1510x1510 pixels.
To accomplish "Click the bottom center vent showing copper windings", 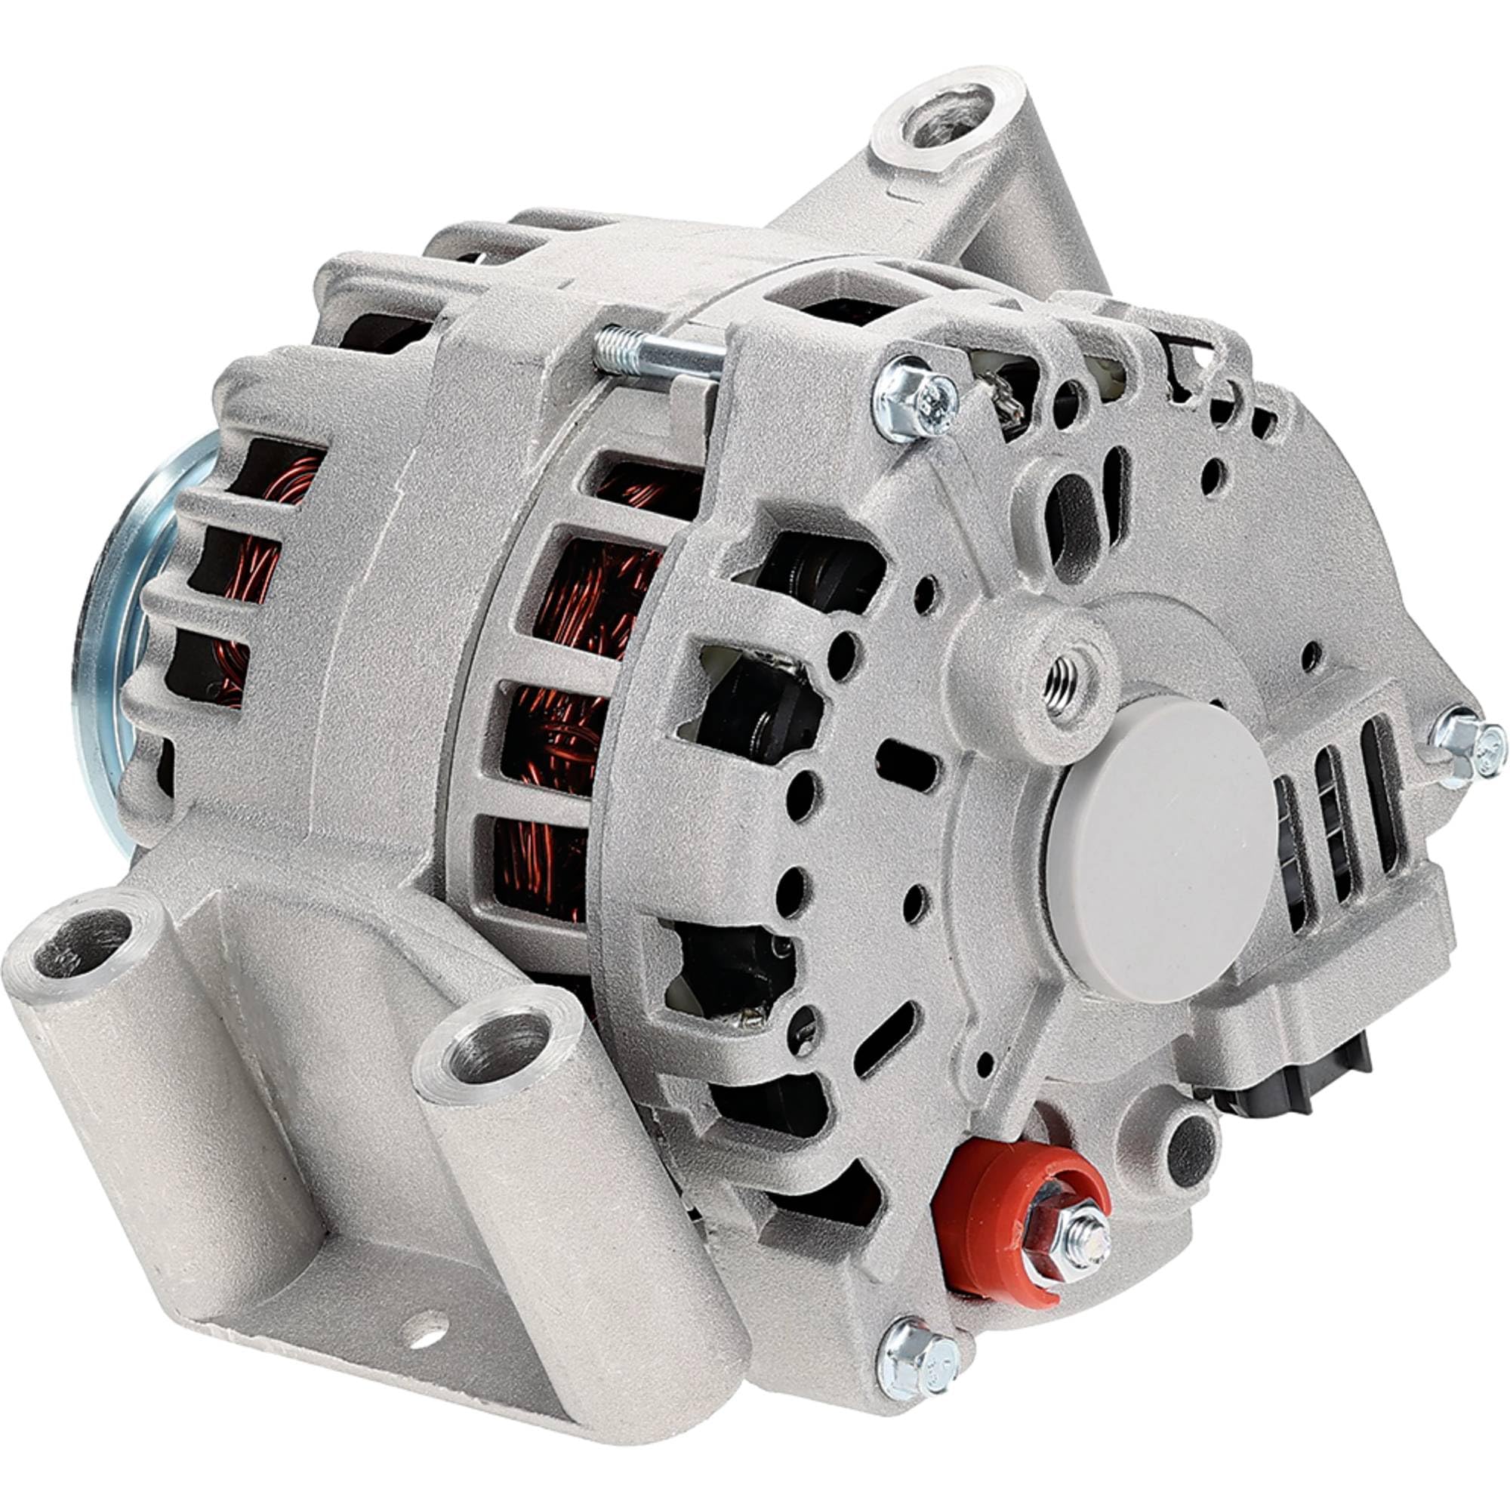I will (539, 867).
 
